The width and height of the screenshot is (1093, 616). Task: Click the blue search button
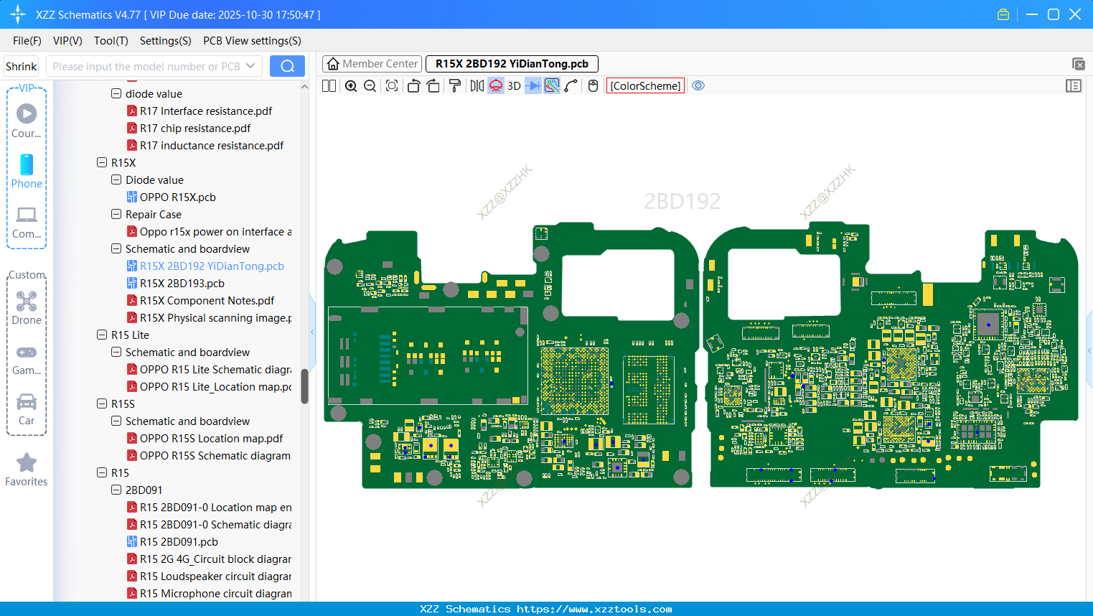287,66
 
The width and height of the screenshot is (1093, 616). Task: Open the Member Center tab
372,64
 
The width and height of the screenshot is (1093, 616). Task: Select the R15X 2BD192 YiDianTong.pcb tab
511,64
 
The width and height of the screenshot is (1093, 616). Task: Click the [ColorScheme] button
644,85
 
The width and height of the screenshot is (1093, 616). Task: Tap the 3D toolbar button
514,85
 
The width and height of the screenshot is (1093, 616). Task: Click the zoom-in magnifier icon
351,85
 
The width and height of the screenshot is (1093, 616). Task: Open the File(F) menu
27,41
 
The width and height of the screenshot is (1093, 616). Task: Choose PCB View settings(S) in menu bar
252,41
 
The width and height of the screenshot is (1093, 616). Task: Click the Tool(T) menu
111,41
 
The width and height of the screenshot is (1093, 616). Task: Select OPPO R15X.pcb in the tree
177,197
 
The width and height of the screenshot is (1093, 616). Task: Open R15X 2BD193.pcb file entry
182,284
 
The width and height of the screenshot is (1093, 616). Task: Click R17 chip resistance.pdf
194,129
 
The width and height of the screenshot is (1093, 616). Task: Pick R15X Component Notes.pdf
207,301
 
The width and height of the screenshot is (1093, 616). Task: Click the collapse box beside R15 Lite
102,335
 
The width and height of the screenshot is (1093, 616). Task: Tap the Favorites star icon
27,463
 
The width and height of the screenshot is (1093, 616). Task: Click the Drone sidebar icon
27,302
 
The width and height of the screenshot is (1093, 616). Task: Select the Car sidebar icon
27,403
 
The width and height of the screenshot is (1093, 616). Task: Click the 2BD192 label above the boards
682,201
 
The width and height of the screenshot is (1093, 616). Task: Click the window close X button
1074,14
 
